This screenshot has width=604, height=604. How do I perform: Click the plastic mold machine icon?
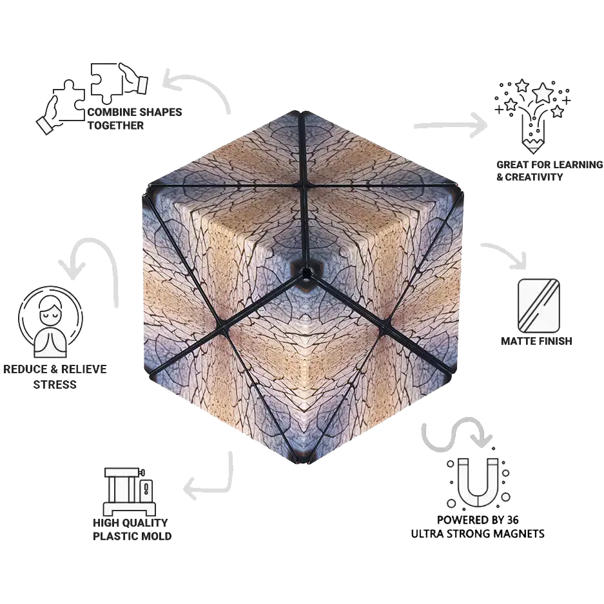click(x=130, y=491)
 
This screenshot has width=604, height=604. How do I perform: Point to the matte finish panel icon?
click(x=538, y=306)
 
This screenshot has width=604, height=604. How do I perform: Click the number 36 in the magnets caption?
click(x=512, y=520)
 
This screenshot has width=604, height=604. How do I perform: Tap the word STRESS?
click(x=55, y=384)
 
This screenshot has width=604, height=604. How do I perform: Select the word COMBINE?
click(x=111, y=112)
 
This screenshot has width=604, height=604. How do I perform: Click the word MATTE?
click(x=519, y=341)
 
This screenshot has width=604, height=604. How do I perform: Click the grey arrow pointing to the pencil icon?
click(x=450, y=125)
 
